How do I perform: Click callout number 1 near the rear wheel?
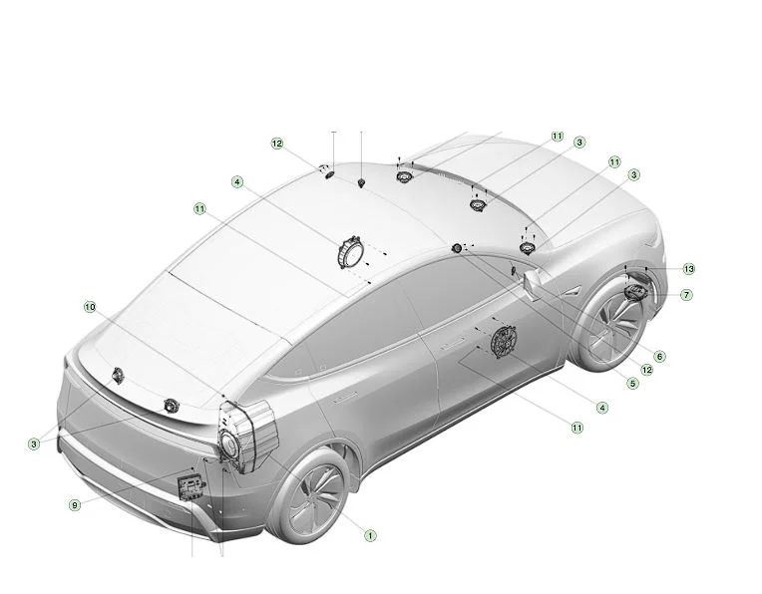[370, 536]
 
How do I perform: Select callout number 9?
[75, 505]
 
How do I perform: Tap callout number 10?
[90, 307]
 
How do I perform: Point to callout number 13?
[688, 268]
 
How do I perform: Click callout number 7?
[686, 295]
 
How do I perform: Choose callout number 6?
[659, 357]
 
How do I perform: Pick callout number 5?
[632, 384]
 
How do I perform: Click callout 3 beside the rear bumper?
[34, 444]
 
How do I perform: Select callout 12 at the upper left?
[276, 144]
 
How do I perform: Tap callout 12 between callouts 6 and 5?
[647, 370]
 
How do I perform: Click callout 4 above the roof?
[236, 182]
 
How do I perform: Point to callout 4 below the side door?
[602, 408]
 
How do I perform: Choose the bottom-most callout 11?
[576, 428]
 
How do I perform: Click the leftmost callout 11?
[199, 209]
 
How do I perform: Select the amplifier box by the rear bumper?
[190, 487]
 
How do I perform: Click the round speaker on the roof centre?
[350, 250]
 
